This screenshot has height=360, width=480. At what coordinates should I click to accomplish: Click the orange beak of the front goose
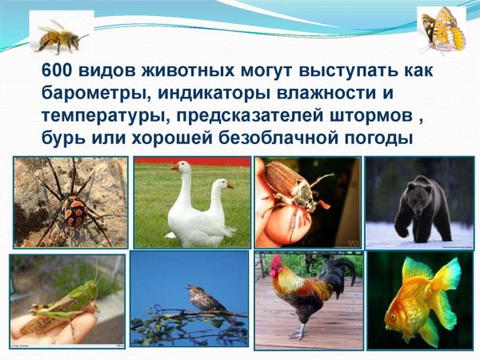pos(174,168)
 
